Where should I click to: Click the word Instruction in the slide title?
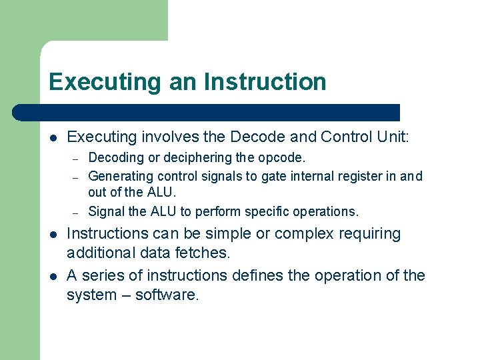(x=265, y=82)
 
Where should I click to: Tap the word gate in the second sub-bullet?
(x=274, y=176)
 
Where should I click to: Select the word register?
(x=359, y=176)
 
